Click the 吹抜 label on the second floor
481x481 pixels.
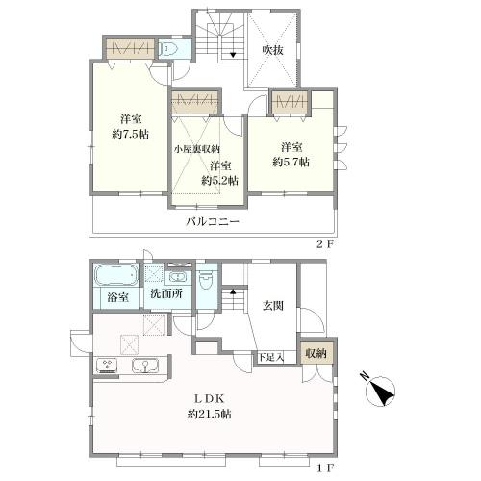(x=272, y=50)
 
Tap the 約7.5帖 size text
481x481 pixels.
(x=131, y=134)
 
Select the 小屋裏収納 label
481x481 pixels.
(x=197, y=149)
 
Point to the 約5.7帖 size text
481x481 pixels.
(x=291, y=162)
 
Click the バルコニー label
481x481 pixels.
(x=213, y=221)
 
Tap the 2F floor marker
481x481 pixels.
(x=325, y=244)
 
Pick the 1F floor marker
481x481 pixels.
(x=325, y=468)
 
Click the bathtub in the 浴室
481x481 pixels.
(x=116, y=275)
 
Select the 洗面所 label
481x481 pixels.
(x=166, y=293)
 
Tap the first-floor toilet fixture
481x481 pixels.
(x=205, y=280)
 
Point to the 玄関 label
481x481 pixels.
(x=273, y=306)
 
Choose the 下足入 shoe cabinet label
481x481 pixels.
(x=271, y=357)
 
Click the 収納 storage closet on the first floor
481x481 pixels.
(x=316, y=353)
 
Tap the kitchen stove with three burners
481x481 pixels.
(x=107, y=366)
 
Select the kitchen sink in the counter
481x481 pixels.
(x=145, y=366)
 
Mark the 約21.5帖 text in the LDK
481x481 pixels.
(x=209, y=414)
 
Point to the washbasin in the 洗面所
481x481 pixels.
(x=176, y=278)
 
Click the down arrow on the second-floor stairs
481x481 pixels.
(x=233, y=54)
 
